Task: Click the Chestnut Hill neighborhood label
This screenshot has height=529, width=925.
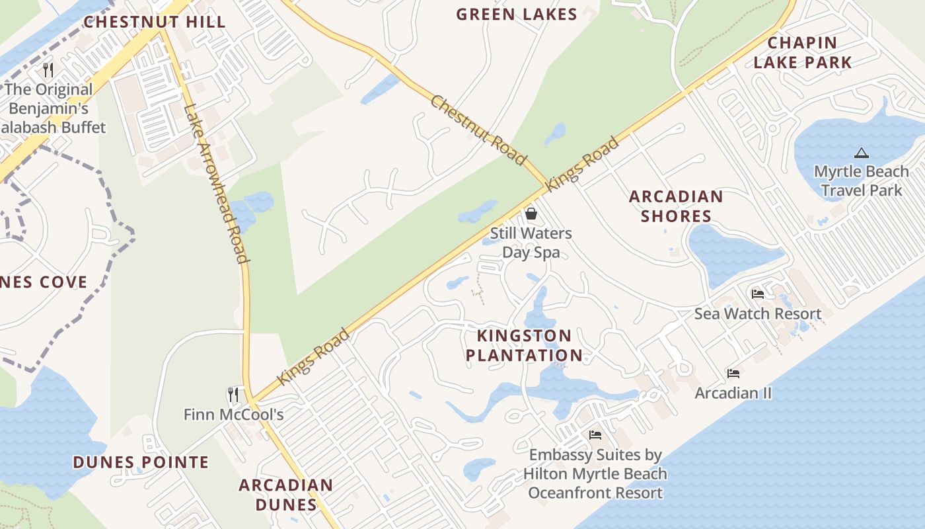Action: pos(155,22)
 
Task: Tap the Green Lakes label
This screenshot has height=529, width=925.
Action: pos(517,14)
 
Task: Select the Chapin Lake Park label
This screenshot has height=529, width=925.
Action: pos(802,53)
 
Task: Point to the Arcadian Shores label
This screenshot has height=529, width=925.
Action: pos(676,206)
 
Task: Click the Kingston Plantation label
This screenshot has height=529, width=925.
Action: pos(524,345)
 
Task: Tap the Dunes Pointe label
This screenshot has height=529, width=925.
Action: pos(141,462)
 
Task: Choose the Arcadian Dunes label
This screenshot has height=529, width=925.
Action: pos(286,495)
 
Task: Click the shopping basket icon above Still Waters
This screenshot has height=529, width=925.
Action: pos(531,214)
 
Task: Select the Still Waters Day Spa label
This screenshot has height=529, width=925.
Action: pos(531,243)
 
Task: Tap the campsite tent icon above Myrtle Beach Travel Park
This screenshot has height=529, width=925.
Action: pos(861,153)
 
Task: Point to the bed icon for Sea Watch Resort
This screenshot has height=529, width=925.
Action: pos(758,294)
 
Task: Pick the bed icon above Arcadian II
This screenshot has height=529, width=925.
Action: pos(733,374)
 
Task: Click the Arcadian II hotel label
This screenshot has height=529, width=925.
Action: pos(733,393)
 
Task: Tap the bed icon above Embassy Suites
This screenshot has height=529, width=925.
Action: pos(595,435)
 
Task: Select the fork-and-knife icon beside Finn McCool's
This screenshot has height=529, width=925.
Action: pos(233,395)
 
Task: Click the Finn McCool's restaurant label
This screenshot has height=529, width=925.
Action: pos(233,415)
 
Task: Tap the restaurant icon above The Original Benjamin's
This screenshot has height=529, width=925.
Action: pos(48,69)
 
